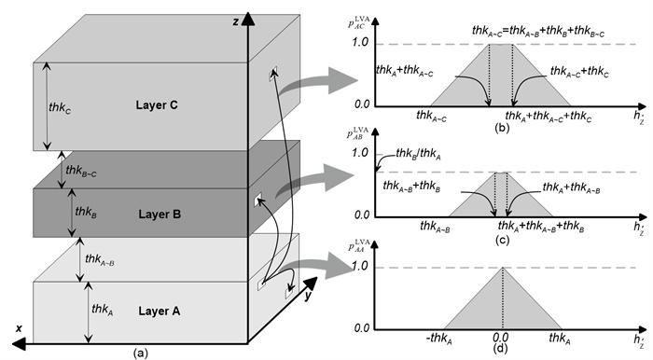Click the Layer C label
(157, 104)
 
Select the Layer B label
(160, 215)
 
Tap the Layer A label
(160, 311)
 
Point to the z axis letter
(236, 22)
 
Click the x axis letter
(19, 328)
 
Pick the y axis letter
(308, 296)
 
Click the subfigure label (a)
(140, 353)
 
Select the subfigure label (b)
(502, 128)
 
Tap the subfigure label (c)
(501, 240)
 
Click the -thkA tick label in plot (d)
(439, 339)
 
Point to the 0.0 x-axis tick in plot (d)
(501, 337)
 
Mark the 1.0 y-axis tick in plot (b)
(360, 43)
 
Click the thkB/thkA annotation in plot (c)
(418, 155)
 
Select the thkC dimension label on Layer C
(60, 108)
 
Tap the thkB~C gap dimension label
(81, 171)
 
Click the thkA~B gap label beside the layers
(100, 259)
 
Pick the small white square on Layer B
(257, 199)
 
